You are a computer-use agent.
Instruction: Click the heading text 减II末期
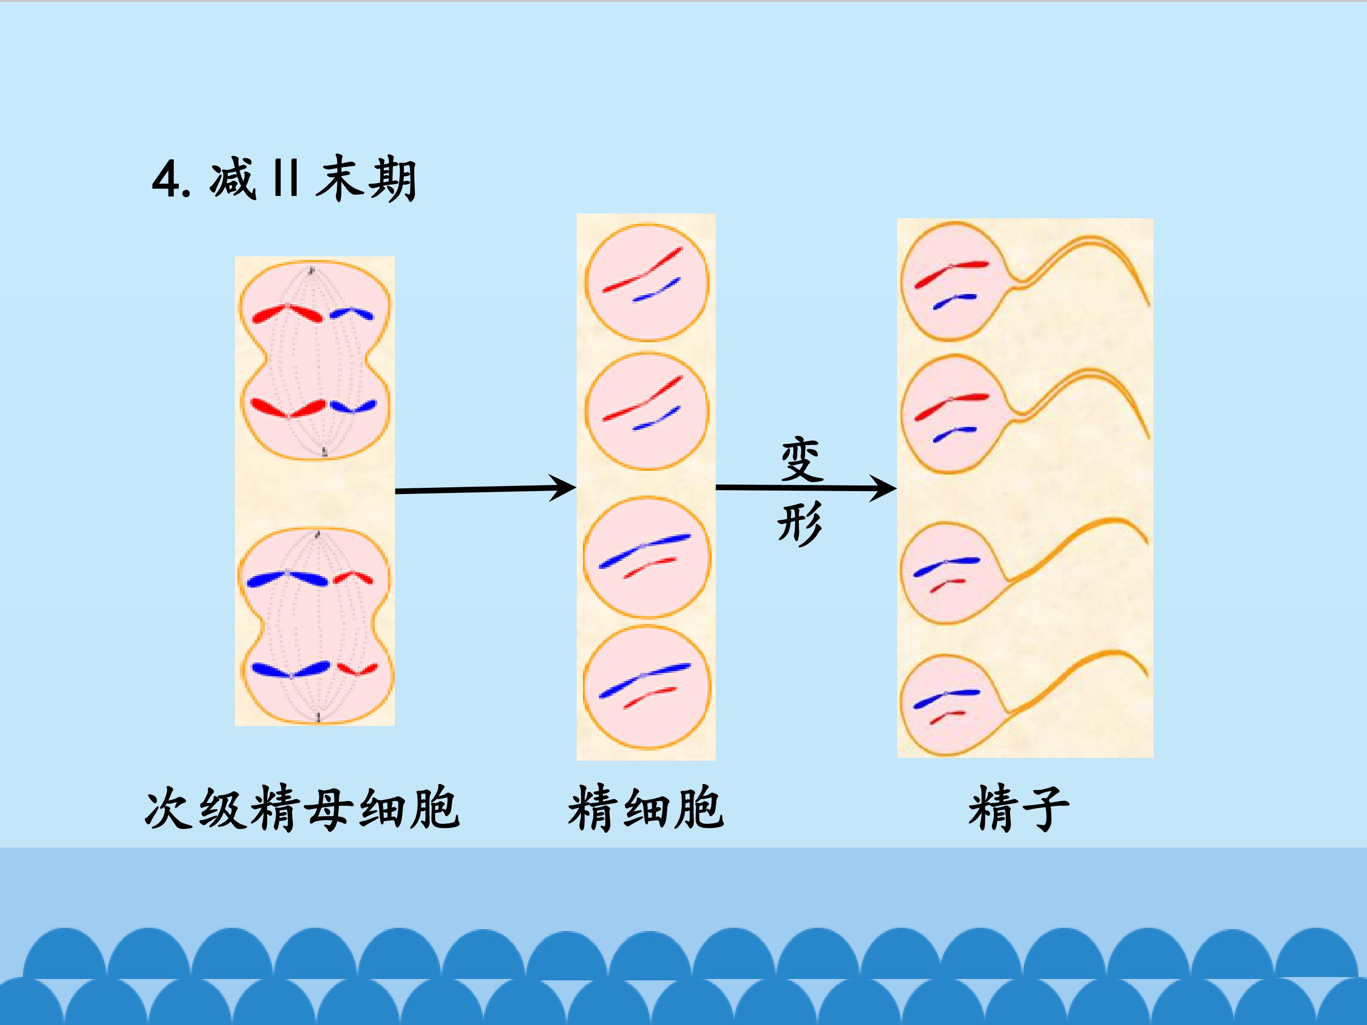pos(313,179)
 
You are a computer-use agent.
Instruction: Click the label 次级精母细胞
pos(302,808)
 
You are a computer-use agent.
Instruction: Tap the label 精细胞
pos(646,808)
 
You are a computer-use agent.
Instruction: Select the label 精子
pos(1019,808)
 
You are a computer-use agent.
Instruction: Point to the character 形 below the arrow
pos(800,523)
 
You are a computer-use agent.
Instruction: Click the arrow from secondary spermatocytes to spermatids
pos(486,489)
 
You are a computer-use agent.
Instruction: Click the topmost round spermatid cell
pos(647,282)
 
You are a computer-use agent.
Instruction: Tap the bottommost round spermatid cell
pos(647,687)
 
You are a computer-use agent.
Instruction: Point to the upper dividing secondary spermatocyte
pos(315,360)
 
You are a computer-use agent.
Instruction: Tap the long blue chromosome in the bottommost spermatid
pos(645,680)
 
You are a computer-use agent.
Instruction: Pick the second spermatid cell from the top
pos(647,411)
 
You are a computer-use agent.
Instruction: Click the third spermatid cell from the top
pos(647,557)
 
